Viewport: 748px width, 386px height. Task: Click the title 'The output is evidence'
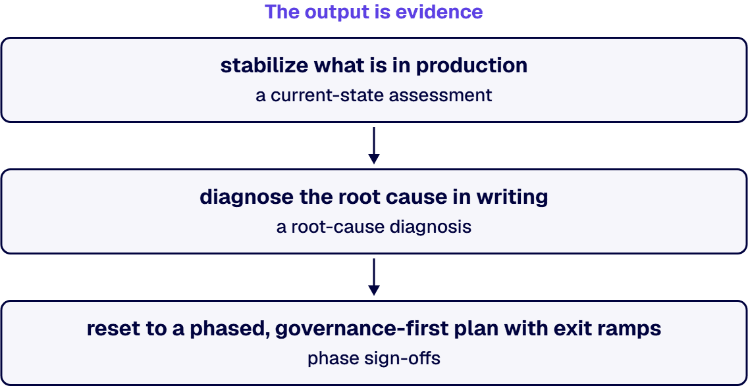pyautogui.click(x=374, y=12)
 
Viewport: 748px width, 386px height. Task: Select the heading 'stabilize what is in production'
pyautogui.click(x=374, y=66)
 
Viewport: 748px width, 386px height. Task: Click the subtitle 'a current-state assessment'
pyautogui.click(x=374, y=95)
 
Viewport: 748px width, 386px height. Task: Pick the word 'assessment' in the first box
pyautogui.click(x=441, y=95)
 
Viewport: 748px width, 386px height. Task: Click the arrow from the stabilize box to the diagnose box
pyautogui.click(x=374, y=145)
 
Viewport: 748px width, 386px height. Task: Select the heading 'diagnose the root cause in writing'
pyautogui.click(x=374, y=197)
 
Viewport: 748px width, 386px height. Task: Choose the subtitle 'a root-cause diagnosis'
pyautogui.click(x=374, y=226)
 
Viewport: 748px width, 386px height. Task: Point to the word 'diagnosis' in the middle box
pyautogui.click(x=431, y=226)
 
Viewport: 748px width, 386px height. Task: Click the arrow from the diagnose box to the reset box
pyautogui.click(x=374, y=277)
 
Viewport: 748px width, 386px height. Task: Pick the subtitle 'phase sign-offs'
pyautogui.click(x=374, y=358)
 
